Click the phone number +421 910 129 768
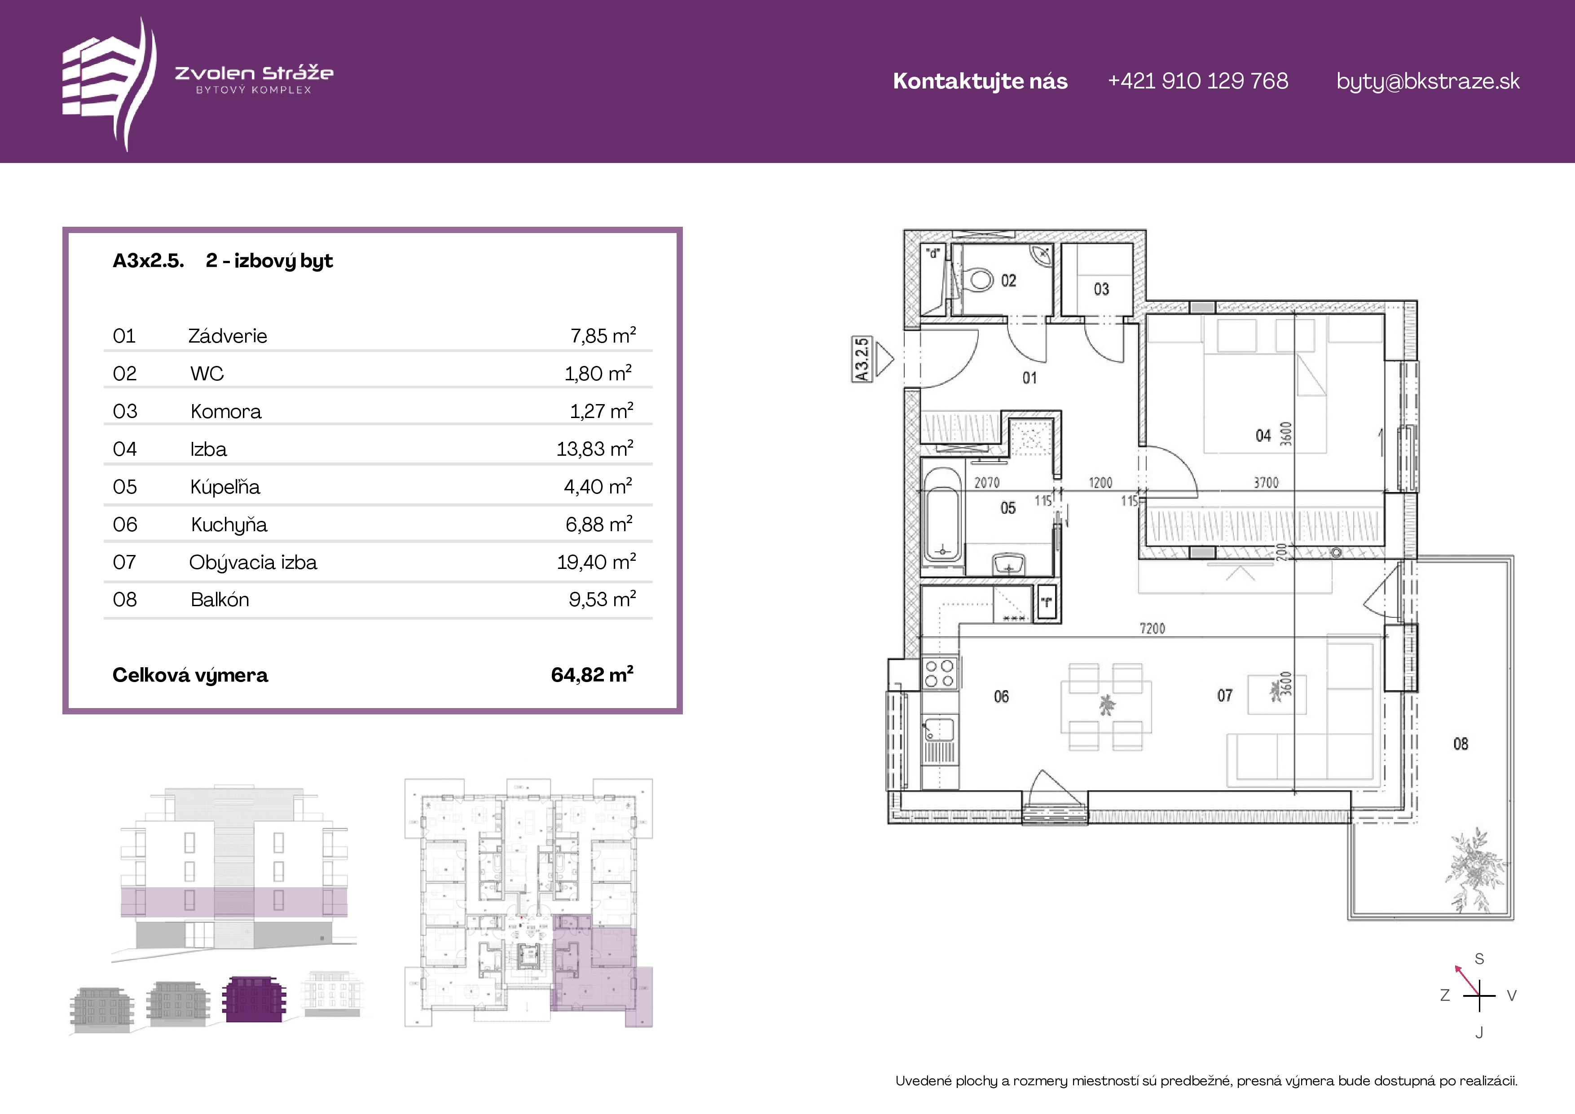pos(1198,81)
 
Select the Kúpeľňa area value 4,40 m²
pos(598,486)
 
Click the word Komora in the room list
pos(226,411)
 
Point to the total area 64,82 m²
pos(592,674)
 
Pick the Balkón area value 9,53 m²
pos(602,599)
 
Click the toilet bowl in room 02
pos(977,279)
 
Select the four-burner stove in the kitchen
pos(939,672)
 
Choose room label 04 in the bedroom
pos(1263,436)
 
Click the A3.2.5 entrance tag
pos(862,359)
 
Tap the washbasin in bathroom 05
pos(1008,564)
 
